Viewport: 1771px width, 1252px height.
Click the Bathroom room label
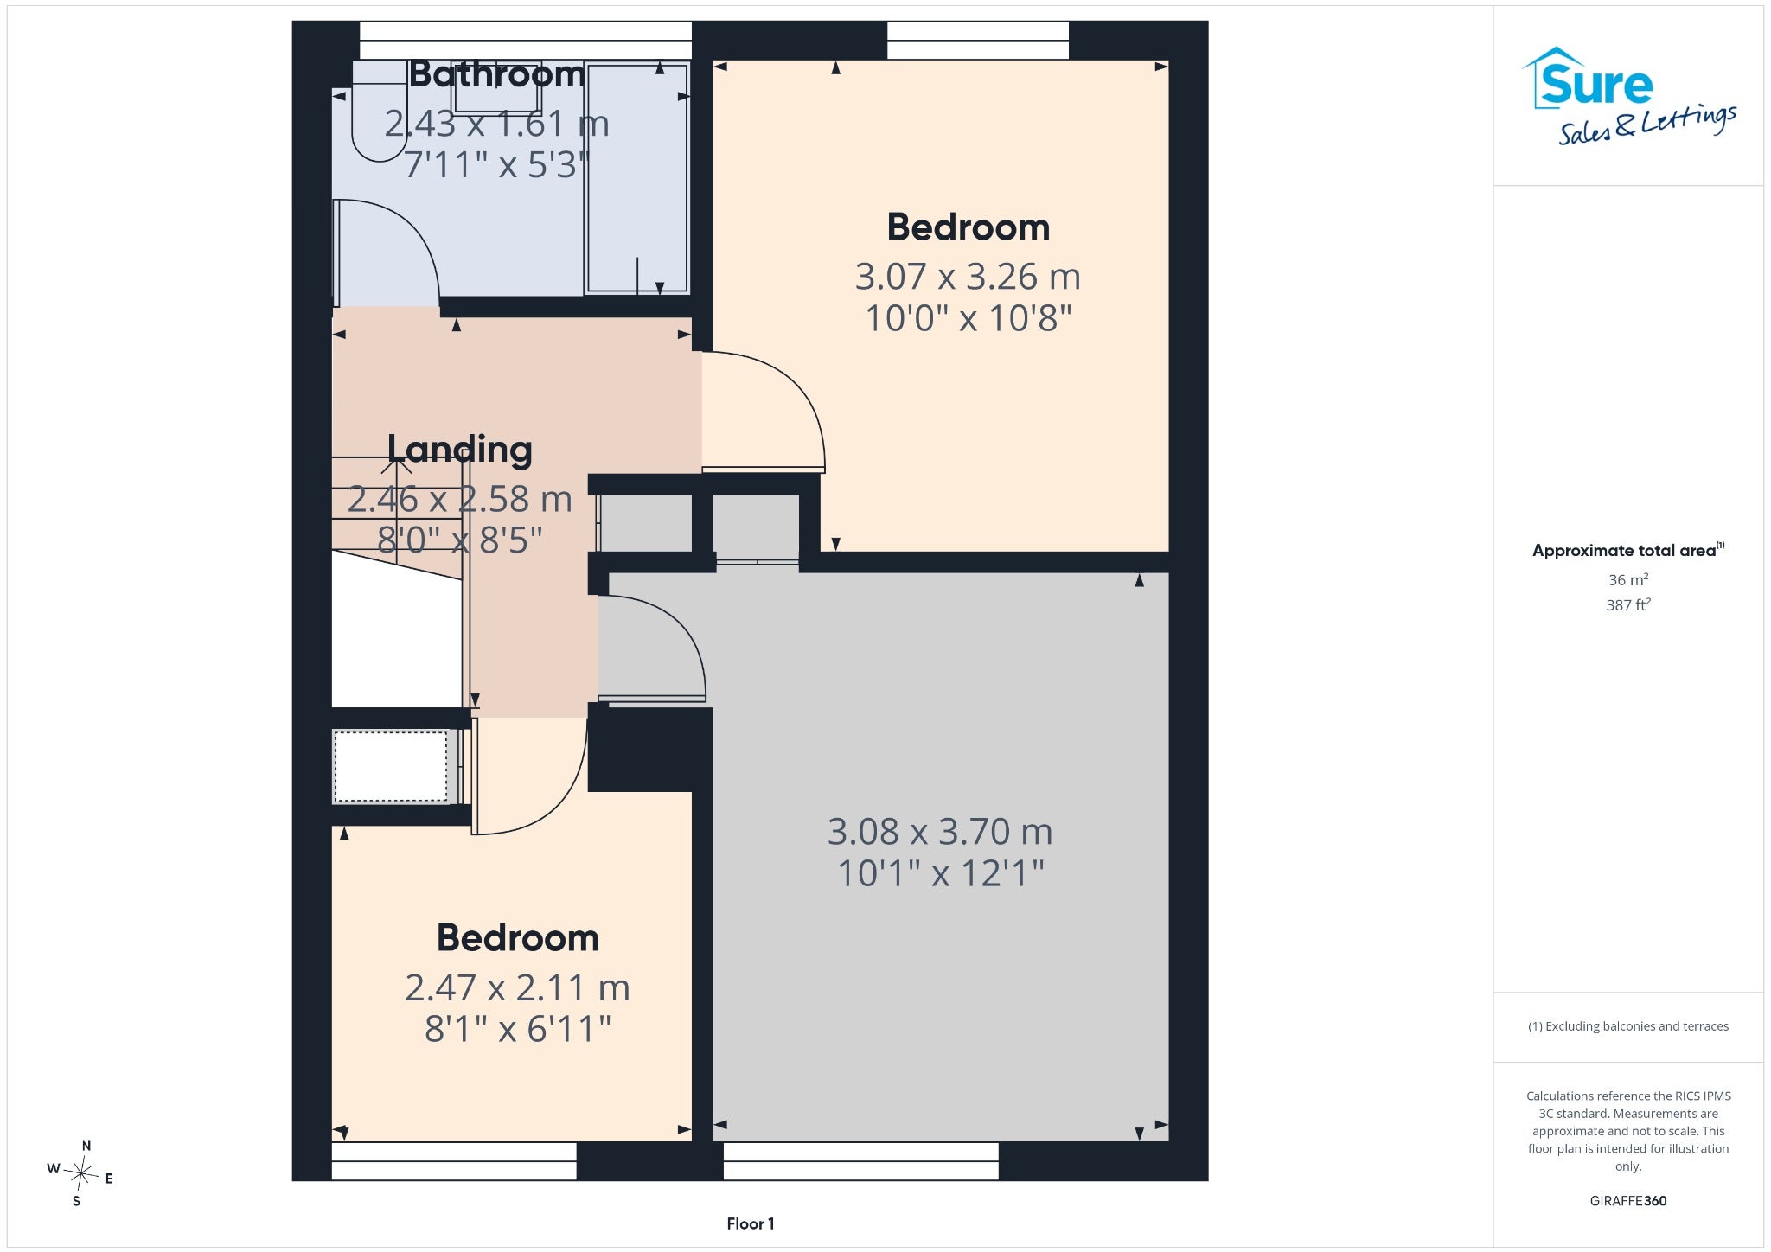(497, 74)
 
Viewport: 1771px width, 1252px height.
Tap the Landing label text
(459, 450)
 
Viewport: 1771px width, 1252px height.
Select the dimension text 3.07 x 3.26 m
(968, 277)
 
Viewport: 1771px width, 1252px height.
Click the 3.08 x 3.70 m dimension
(940, 832)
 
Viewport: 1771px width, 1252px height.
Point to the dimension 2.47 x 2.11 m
(517, 987)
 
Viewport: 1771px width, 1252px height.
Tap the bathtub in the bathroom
(637, 178)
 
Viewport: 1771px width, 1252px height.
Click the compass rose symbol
(81, 1173)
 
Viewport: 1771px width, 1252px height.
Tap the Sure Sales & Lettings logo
(1628, 95)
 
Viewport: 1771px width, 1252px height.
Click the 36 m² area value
(1628, 579)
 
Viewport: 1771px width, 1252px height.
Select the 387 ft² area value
(1628, 604)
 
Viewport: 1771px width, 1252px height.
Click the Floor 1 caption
(751, 1223)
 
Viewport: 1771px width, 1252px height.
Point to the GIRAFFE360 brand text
(1628, 1200)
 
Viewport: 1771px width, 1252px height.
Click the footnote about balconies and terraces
(1628, 1026)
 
